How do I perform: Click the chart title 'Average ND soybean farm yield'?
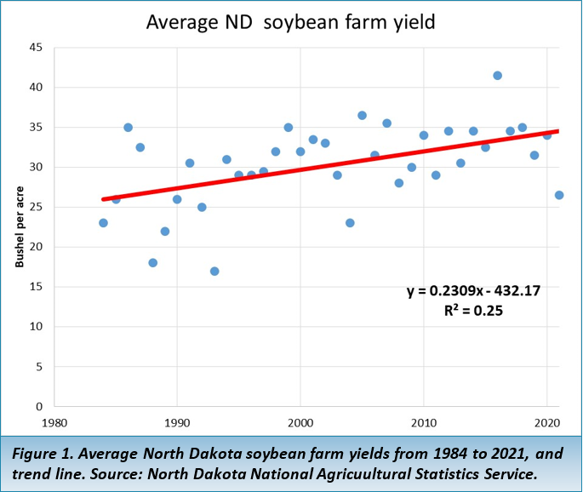pyautogui.click(x=290, y=21)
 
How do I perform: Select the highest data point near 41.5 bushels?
pyautogui.click(x=497, y=76)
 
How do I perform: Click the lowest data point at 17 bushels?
pyautogui.click(x=214, y=271)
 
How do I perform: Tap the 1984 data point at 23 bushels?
pyautogui.click(x=103, y=223)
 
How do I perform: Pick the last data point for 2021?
pyautogui.click(x=559, y=195)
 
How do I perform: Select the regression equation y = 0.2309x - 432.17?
pyautogui.click(x=473, y=291)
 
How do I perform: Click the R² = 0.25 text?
pyautogui.click(x=473, y=311)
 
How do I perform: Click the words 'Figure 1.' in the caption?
pyautogui.click(x=40, y=454)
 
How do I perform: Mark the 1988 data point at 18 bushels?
pyautogui.click(x=152, y=263)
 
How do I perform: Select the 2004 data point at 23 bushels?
pyautogui.click(x=350, y=223)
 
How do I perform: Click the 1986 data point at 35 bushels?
pyautogui.click(x=128, y=128)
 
